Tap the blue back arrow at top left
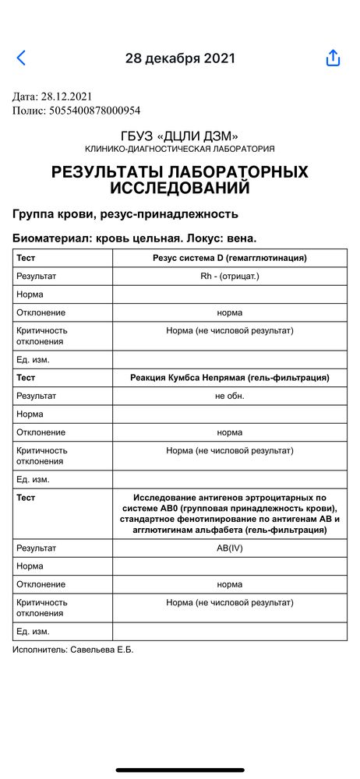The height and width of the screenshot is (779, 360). (21, 58)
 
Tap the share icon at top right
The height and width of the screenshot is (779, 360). (333, 58)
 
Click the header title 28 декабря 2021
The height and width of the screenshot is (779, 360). (180, 58)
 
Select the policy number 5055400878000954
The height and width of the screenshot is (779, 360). (91, 111)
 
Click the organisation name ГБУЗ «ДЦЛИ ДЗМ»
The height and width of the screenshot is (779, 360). (180, 136)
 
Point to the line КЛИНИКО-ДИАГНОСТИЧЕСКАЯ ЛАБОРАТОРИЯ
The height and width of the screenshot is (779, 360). (180, 149)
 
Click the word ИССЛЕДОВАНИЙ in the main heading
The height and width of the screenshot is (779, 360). (180, 188)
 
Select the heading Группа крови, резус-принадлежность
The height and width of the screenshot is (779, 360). (125, 213)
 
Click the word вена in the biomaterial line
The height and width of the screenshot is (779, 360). (239, 238)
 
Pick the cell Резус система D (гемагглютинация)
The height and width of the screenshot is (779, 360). (229, 258)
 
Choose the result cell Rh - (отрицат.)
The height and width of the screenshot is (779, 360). (229, 276)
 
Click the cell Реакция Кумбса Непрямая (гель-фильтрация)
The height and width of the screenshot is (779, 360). (229, 377)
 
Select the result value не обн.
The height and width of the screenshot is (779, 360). (229, 396)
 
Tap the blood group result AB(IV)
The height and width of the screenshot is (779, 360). (229, 548)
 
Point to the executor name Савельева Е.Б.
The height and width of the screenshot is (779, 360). (101, 650)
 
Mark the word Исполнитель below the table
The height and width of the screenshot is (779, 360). (39, 650)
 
